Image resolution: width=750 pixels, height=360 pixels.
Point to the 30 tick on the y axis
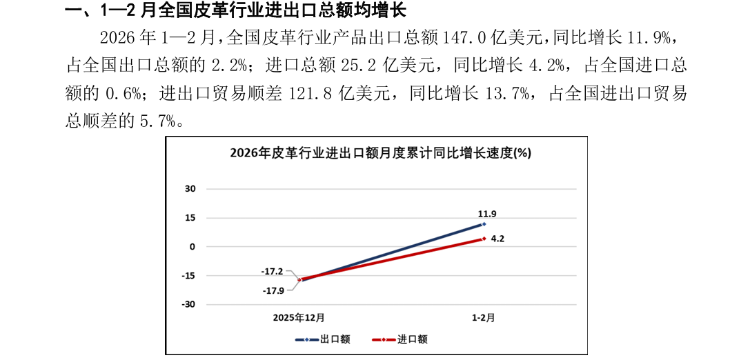(x=190, y=189)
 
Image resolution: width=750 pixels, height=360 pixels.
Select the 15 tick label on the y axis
(x=190, y=218)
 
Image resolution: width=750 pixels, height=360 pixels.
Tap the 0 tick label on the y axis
(x=193, y=247)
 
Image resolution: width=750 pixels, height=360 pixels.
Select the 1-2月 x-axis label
(x=484, y=317)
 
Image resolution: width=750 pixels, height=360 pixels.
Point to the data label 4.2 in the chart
(x=497, y=238)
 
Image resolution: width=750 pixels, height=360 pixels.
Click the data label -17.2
(x=272, y=271)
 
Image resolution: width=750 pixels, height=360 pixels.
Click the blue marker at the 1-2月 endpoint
(x=484, y=223)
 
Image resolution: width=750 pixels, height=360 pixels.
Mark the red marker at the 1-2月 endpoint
(x=484, y=239)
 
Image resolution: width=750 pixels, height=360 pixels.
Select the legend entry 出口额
(x=323, y=339)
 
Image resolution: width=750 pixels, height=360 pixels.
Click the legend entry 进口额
(x=399, y=339)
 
